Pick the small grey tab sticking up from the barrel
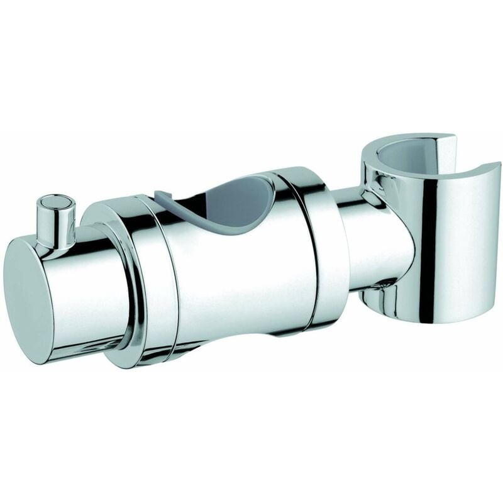tap(162, 196)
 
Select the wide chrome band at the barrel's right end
tap(324, 251)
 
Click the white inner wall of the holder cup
tap(402, 160)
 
